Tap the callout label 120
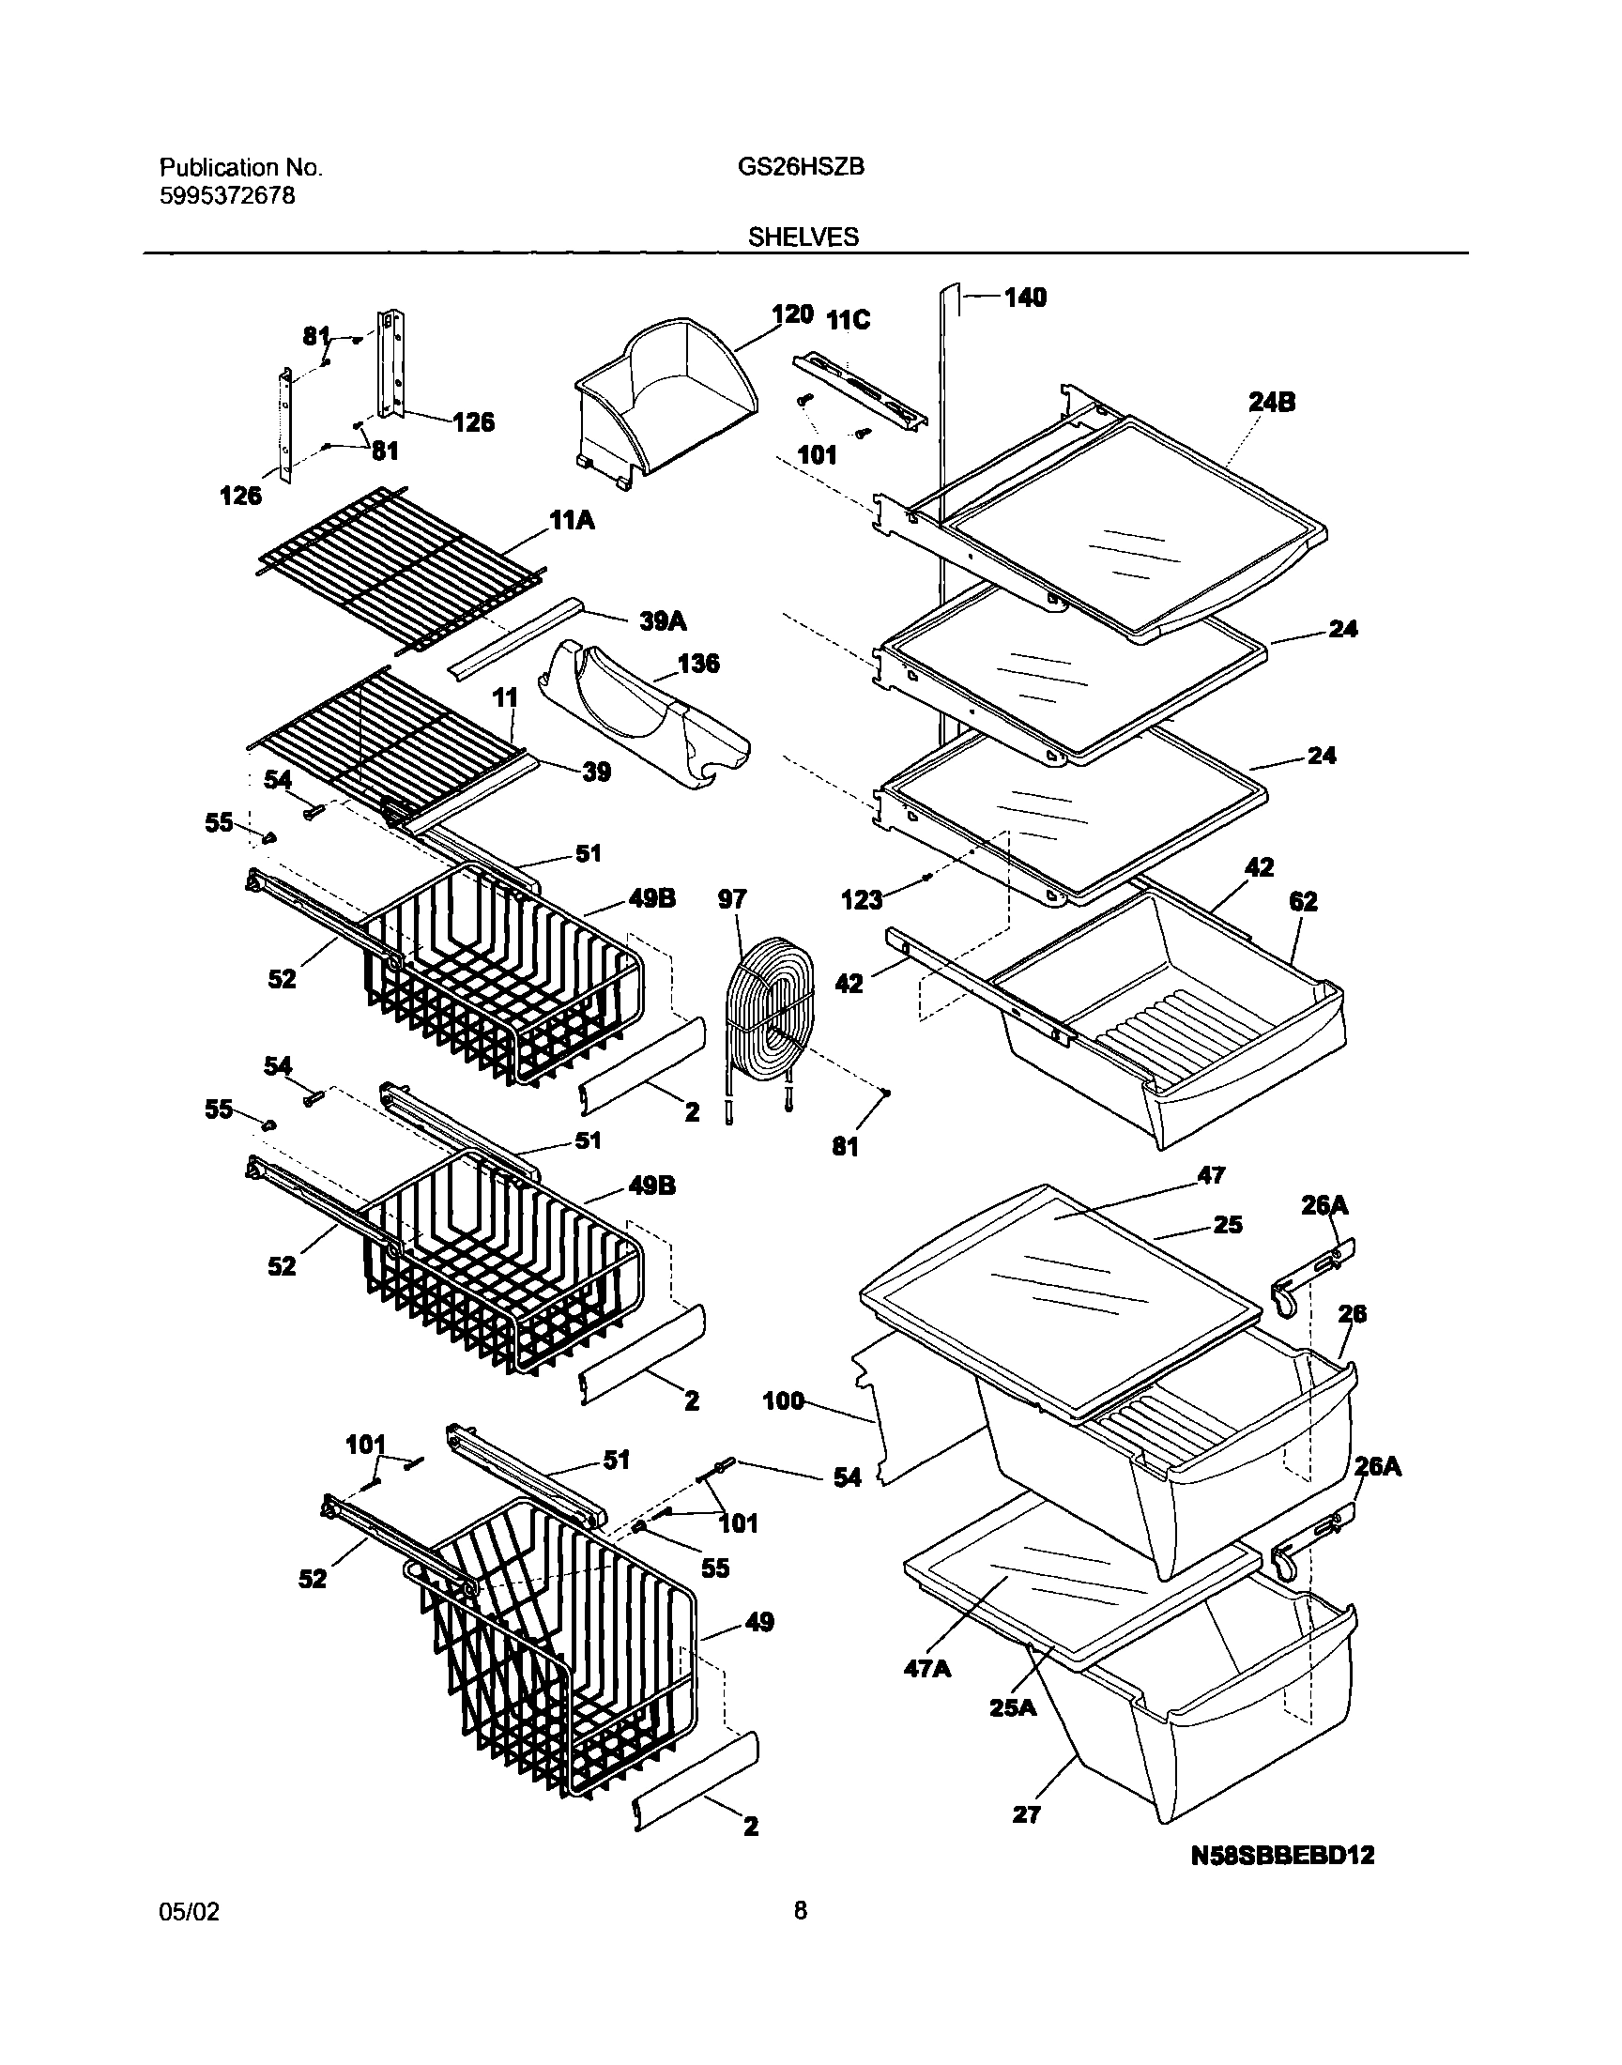tap(792, 315)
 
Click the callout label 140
tap(1025, 298)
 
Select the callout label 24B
tap(1272, 403)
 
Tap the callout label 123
tap(862, 899)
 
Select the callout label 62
tap(1303, 901)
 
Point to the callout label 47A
tap(927, 1668)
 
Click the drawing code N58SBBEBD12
tap(1282, 1855)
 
